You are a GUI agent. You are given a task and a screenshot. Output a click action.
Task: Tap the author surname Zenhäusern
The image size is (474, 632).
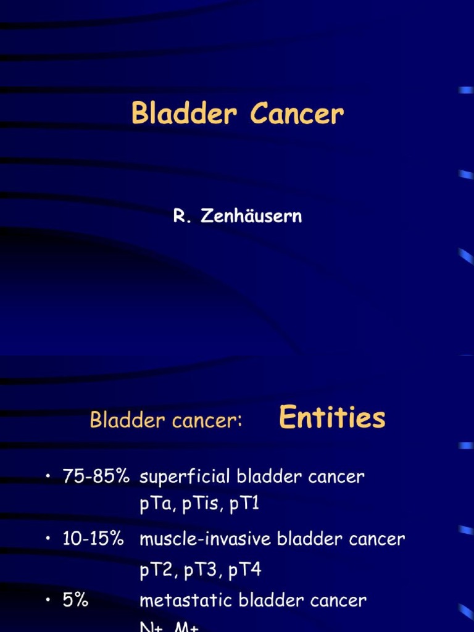point(251,217)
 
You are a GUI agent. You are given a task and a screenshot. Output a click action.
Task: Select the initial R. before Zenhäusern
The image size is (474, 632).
point(180,217)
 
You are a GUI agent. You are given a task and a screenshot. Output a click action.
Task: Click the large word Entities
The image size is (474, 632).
point(332,418)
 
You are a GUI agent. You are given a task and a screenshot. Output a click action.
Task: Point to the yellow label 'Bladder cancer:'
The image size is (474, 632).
point(166,420)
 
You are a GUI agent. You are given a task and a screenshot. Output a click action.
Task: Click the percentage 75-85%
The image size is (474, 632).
point(96,476)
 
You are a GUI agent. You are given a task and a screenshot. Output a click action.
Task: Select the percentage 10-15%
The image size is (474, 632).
point(93,539)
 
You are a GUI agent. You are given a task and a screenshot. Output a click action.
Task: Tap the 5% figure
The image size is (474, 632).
point(75,600)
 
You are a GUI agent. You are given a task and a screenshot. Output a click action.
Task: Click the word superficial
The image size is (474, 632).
point(185,477)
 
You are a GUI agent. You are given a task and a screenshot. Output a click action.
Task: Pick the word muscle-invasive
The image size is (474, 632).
point(206,539)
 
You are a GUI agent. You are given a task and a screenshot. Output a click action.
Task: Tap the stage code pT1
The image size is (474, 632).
point(244,504)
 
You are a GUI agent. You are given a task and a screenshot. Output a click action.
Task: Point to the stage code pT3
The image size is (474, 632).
point(201,570)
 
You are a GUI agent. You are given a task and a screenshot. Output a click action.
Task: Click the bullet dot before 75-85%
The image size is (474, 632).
point(47,477)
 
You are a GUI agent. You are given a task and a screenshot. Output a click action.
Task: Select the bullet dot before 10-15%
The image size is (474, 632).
point(47,539)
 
